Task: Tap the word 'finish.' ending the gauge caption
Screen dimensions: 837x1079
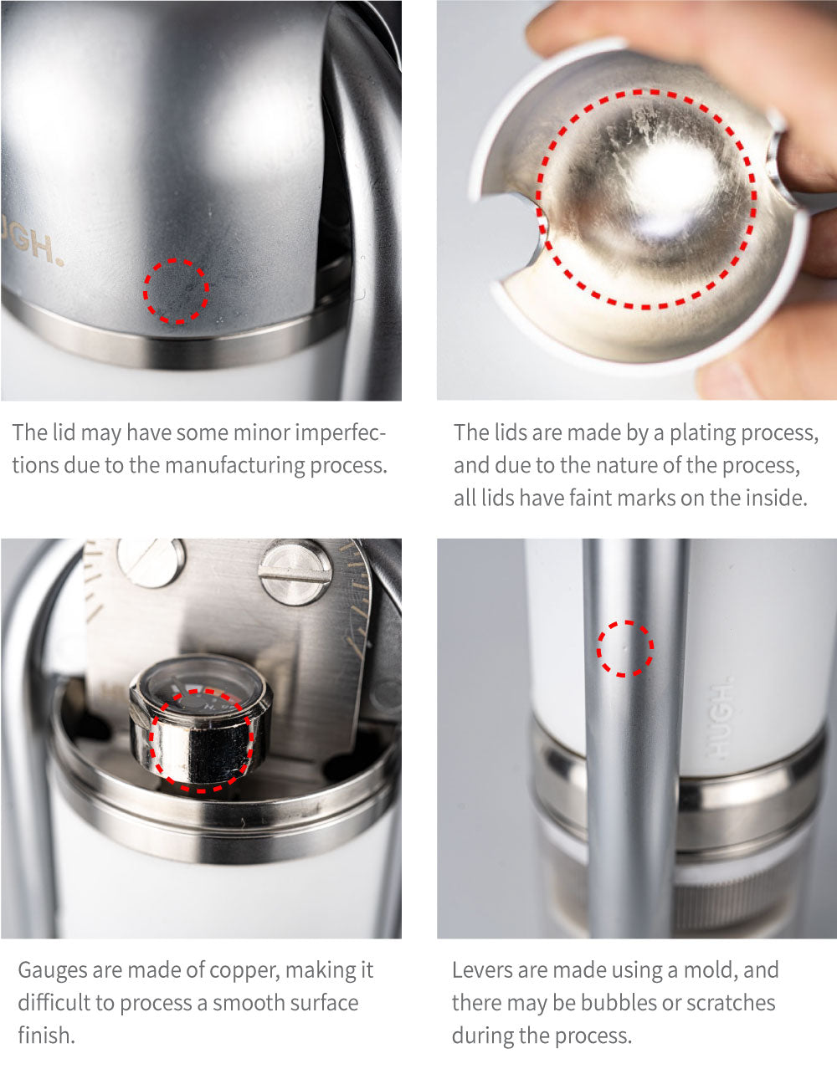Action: [47, 1036]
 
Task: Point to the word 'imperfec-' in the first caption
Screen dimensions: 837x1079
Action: [341, 433]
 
